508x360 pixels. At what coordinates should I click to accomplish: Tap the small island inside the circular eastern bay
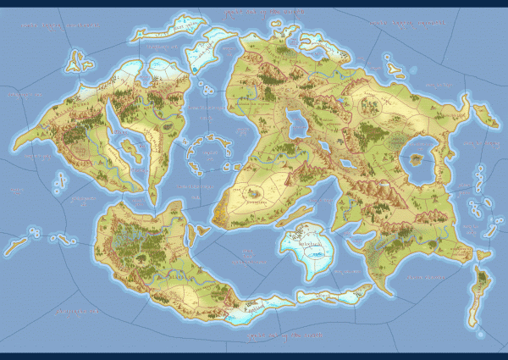416,156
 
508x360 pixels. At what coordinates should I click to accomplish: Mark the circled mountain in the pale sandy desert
253,195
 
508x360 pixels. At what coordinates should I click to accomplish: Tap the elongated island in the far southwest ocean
14,246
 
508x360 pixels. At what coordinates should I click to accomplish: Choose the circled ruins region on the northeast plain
370,105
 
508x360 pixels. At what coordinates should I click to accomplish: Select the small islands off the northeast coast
391,64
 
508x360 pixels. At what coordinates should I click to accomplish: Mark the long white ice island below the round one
330,296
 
